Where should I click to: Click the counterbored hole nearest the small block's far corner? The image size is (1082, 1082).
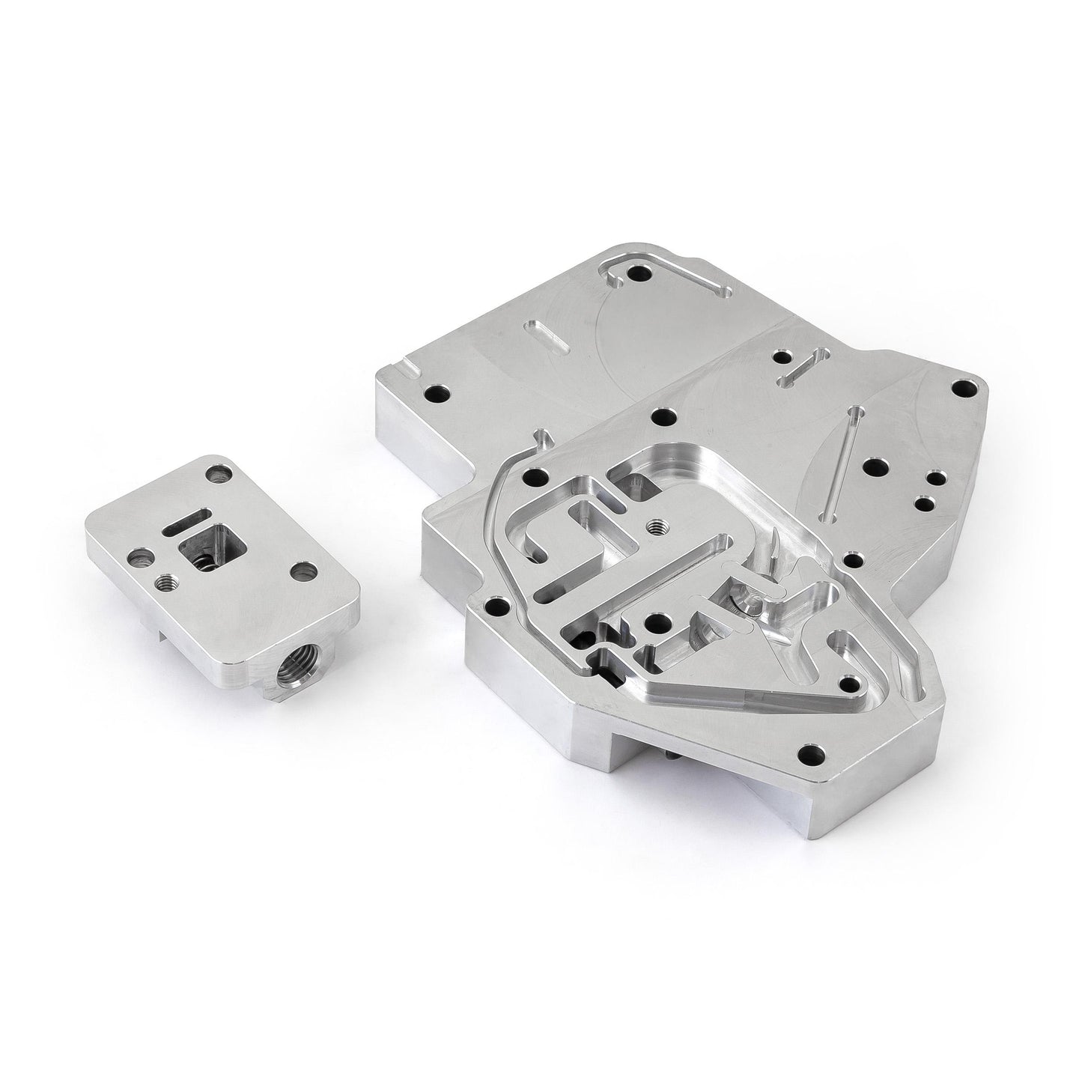coord(218,473)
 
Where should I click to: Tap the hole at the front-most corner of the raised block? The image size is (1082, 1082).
coord(810,751)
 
